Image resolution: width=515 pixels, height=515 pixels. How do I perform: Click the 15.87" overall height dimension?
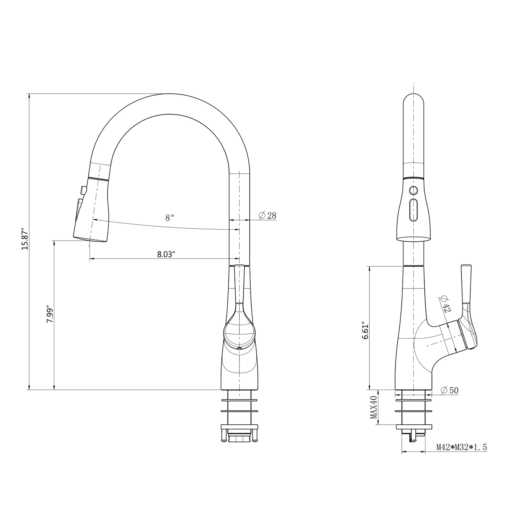[x=25, y=239]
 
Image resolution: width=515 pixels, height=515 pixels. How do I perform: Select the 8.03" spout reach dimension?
[x=166, y=254]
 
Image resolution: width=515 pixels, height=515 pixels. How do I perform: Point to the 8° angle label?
[x=169, y=218]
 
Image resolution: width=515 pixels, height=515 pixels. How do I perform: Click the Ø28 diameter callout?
[x=268, y=215]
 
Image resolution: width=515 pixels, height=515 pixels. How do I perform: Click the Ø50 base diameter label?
[x=449, y=390]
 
